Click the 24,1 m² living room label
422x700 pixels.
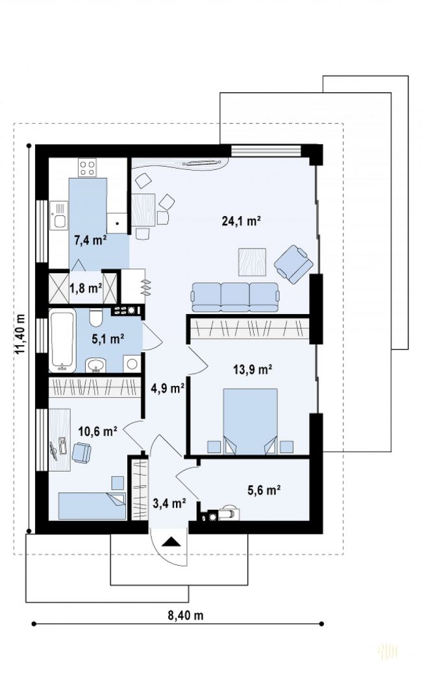point(241,221)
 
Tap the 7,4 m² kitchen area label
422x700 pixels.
point(91,241)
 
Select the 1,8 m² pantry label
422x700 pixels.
point(86,289)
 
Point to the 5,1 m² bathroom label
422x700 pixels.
point(108,339)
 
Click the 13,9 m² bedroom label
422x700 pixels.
point(253,369)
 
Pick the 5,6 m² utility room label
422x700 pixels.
point(264,490)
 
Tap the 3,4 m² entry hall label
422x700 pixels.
point(169,504)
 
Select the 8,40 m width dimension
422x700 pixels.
point(185,616)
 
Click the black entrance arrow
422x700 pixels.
point(171,542)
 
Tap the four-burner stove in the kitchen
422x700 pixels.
point(87,168)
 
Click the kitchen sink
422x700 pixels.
point(58,215)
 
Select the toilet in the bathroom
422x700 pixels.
point(96,317)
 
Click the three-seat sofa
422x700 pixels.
point(236,297)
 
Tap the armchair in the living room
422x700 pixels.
point(294,264)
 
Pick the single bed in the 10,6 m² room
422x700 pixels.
point(92,506)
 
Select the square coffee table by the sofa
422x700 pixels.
point(253,262)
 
